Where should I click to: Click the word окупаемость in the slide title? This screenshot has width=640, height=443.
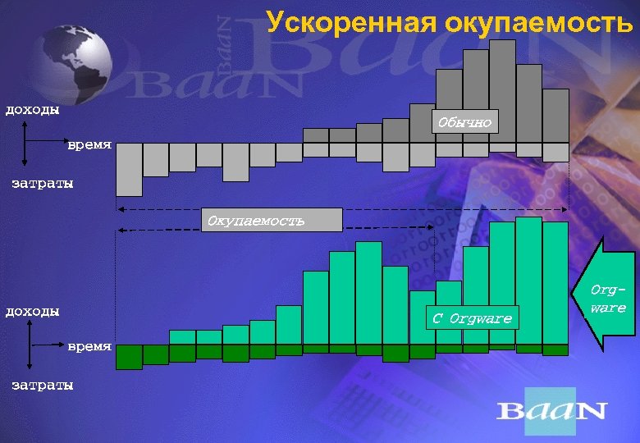coord(538,22)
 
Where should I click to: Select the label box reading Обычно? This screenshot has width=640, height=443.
coord(464,122)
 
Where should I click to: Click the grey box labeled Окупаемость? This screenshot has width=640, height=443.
coord(272,220)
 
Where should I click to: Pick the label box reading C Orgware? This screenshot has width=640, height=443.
coord(472,318)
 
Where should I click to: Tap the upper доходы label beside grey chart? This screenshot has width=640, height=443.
coord(33,109)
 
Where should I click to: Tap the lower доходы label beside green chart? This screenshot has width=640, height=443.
coord(33,311)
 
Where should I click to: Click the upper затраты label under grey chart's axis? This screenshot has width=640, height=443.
coord(42,183)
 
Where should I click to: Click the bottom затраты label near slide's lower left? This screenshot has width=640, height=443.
coord(42,384)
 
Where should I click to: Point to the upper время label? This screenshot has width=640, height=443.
coord(89,144)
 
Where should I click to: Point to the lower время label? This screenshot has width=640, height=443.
coord(89,346)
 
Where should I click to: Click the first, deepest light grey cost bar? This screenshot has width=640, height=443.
coord(129,168)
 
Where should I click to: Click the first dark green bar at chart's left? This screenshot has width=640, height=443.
coord(129,357)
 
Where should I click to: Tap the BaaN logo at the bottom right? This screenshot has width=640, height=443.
coord(551,410)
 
